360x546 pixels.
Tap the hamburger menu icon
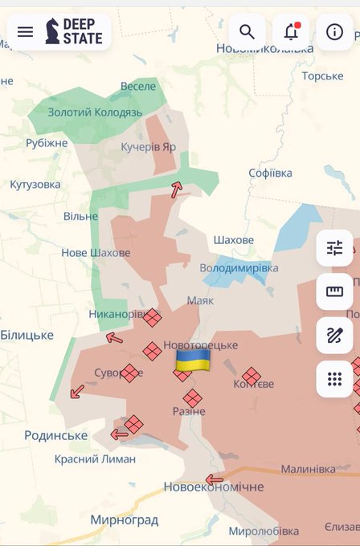25,32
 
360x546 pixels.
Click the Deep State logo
74,32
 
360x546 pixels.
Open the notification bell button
291,32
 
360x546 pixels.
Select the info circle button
334,32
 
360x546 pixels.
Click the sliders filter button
334,248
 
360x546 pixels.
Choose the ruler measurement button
334,291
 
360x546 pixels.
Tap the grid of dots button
334,378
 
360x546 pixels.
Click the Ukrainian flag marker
193,361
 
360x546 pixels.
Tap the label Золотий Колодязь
95,112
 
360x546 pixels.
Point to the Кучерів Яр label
148,147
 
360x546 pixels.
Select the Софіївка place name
270,173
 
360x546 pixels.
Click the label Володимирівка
239,267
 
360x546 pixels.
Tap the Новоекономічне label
213,487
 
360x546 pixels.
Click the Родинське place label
56,435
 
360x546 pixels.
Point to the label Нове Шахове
96,253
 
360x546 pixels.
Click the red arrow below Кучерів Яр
176,189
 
